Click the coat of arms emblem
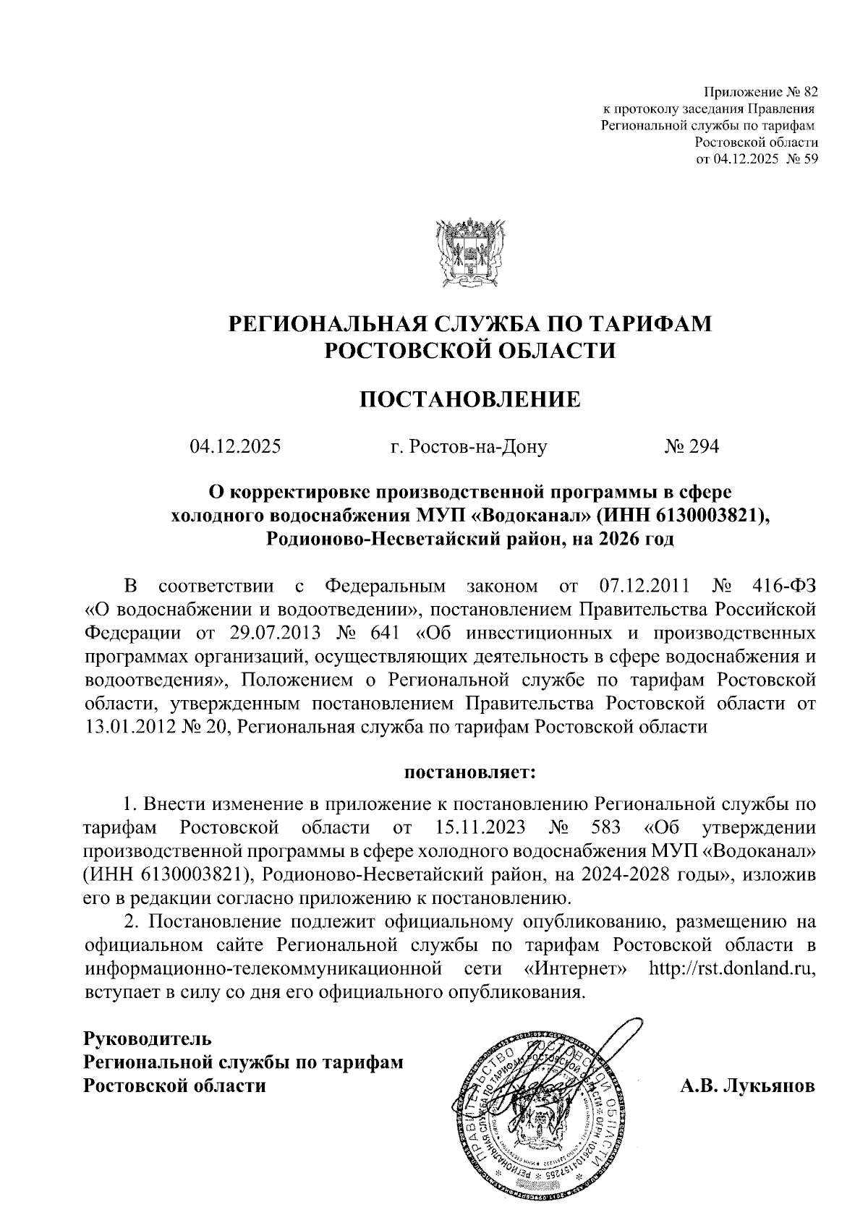(469, 252)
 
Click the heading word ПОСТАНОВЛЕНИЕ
(470, 399)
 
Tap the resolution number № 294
(692, 447)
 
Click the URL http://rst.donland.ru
(733, 968)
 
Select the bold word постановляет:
(469, 772)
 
